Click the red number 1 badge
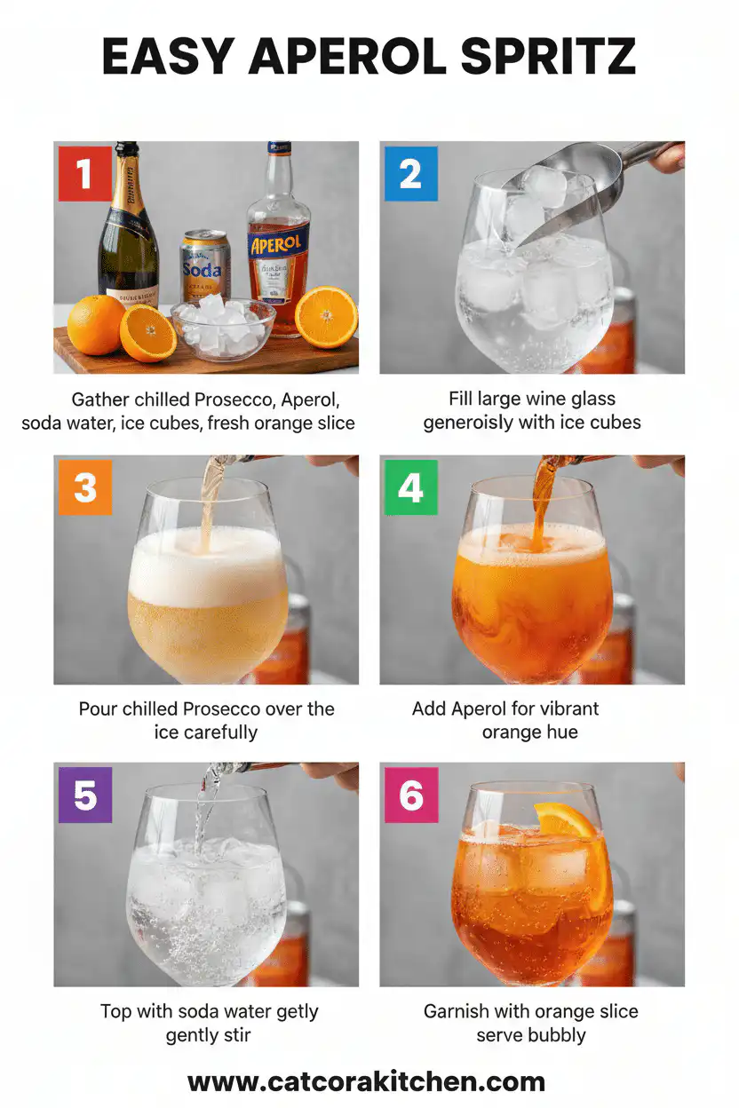click(x=84, y=173)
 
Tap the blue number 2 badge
click(x=410, y=173)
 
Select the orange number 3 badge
click(x=84, y=487)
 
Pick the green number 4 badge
click(x=410, y=487)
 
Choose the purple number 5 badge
click(x=84, y=795)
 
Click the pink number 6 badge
click(x=410, y=795)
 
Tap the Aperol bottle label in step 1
click(x=279, y=244)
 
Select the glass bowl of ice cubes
click(x=222, y=328)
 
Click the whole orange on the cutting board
click(x=96, y=324)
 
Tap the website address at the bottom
click(x=366, y=1081)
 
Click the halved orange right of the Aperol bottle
click(x=326, y=317)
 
